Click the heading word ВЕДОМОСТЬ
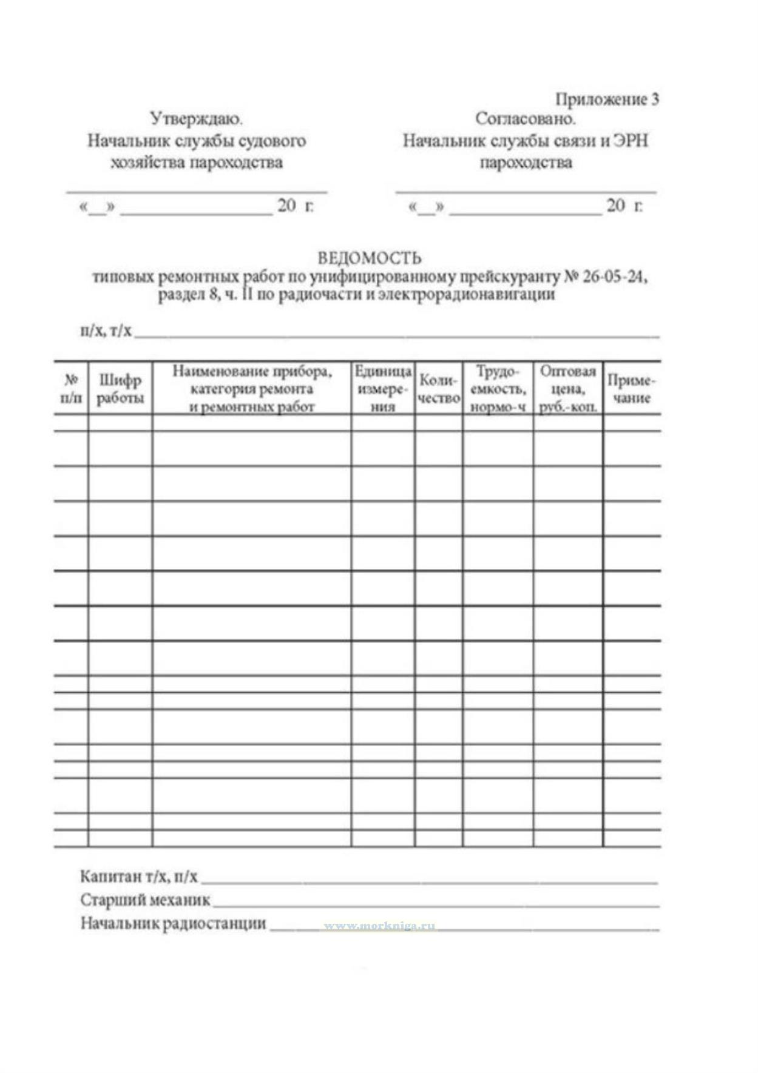pyautogui.click(x=369, y=258)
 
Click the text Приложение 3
pyautogui.click(x=607, y=99)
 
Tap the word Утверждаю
pyautogui.click(x=197, y=118)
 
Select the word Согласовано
pyautogui.click(x=525, y=118)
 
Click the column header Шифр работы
pyautogui.click(x=120, y=389)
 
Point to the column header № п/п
pyautogui.click(x=71, y=389)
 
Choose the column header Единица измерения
pyautogui.click(x=382, y=389)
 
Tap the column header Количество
pyautogui.click(x=439, y=389)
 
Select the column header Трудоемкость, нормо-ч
pyautogui.click(x=498, y=389)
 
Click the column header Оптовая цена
pyautogui.click(x=568, y=389)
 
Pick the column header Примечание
pyautogui.click(x=632, y=389)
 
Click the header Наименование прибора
pyautogui.click(x=252, y=371)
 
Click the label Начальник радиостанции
pyautogui.click(x=173, y=924)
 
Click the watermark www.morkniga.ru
pyautogui.click(x=379, y=926)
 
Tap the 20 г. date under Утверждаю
pyautogui.click(x=296, y=206)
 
